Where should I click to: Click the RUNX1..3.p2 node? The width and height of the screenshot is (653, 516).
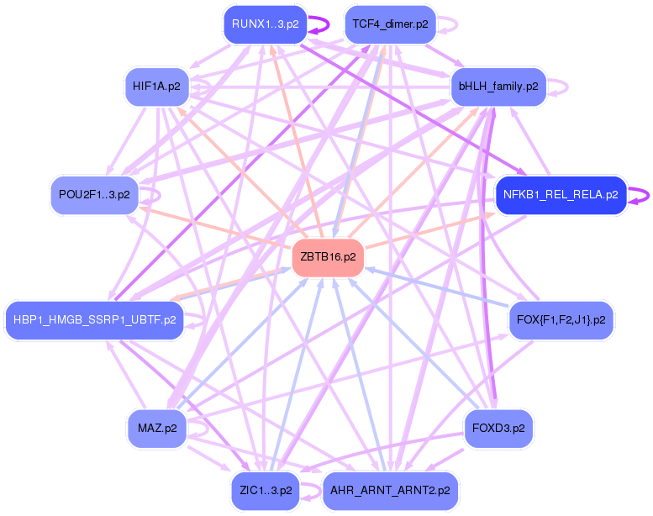pos(265,24)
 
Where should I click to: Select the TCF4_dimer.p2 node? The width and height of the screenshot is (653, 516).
pos(390,24)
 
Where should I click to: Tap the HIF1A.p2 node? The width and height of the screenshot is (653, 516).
pos(157,86)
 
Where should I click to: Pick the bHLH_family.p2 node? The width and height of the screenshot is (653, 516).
pos(498,86)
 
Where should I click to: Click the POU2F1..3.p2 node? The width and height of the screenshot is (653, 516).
pos(94,195)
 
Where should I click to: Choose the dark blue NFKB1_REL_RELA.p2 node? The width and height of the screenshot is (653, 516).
pos(561,195)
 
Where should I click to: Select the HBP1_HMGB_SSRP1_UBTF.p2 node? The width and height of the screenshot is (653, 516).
pos(94,319)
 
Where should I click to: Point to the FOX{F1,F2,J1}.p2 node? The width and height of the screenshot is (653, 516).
pos(561,319)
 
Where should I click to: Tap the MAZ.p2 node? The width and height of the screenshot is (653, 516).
pos(157,428)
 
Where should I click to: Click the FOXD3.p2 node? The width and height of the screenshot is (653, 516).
pos(498,428)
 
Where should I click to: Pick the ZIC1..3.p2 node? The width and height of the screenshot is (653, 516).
pos(264,490)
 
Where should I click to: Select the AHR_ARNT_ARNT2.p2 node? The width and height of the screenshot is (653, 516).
pos(390,490)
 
